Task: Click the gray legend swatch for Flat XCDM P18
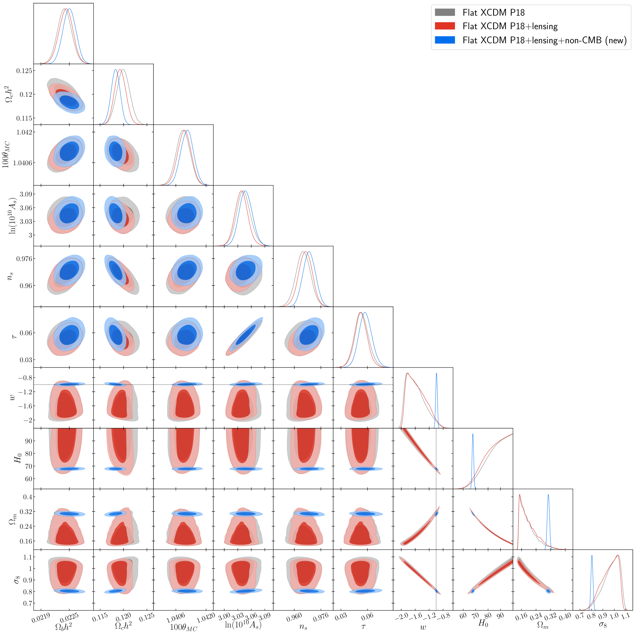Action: pyautogui.click(x=445, y=12)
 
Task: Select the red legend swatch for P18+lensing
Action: pyautogui.click(x=445, y=26)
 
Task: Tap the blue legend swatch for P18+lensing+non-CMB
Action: pyautogui.click(x=445, y=40)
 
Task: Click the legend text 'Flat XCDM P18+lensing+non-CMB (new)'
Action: pyautogui.click(x=544, y=40)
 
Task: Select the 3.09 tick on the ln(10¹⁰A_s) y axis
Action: pyautogui.click(x=26, y=194)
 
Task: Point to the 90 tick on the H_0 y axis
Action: pyautogui.click(x=28, y=441)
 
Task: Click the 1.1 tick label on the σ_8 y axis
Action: pyautogui.click(x=28, y=557)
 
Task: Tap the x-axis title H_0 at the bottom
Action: pyautogui.click(x=483, y=623)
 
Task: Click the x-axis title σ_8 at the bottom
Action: pyautogui.click(x=603, y=624)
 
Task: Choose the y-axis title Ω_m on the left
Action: pyautogui.click(x=12, y=519)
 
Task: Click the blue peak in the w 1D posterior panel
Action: pyautogui.click(x=436, y=374)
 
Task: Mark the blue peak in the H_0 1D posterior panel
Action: pyautogui.click(x=473, y=434)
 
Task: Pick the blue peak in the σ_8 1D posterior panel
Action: pyautogui.click(x=592, y=556)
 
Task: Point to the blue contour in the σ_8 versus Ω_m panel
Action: pyautogui.click(x=548, y=591)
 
